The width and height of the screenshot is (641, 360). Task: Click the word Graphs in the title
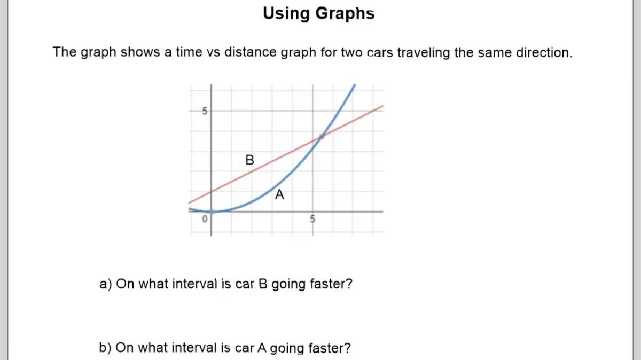coord(345,13)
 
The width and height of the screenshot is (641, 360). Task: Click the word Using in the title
coord(286,13)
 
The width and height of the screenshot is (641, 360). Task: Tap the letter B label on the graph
coord(249,160)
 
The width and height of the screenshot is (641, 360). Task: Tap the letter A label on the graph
coord(279,195)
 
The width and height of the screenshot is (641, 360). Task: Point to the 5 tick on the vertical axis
coord(204,111)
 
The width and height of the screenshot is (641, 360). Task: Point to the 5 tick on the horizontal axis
coord(313,219)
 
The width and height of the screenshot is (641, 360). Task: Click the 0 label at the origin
coord(204,219)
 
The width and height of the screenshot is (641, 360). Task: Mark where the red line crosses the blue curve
coord(322,136)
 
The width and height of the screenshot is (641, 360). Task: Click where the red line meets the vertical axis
coord(211,191)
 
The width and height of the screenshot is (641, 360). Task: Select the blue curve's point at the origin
coord(211,212)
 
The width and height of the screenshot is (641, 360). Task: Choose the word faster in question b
coord(330,348)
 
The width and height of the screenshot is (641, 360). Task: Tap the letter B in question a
coord(262,284)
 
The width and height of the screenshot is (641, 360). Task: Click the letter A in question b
coord(262,348)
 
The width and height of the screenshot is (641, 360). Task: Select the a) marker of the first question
coord(106,284)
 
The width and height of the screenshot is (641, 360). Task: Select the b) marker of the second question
coord(105,348)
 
